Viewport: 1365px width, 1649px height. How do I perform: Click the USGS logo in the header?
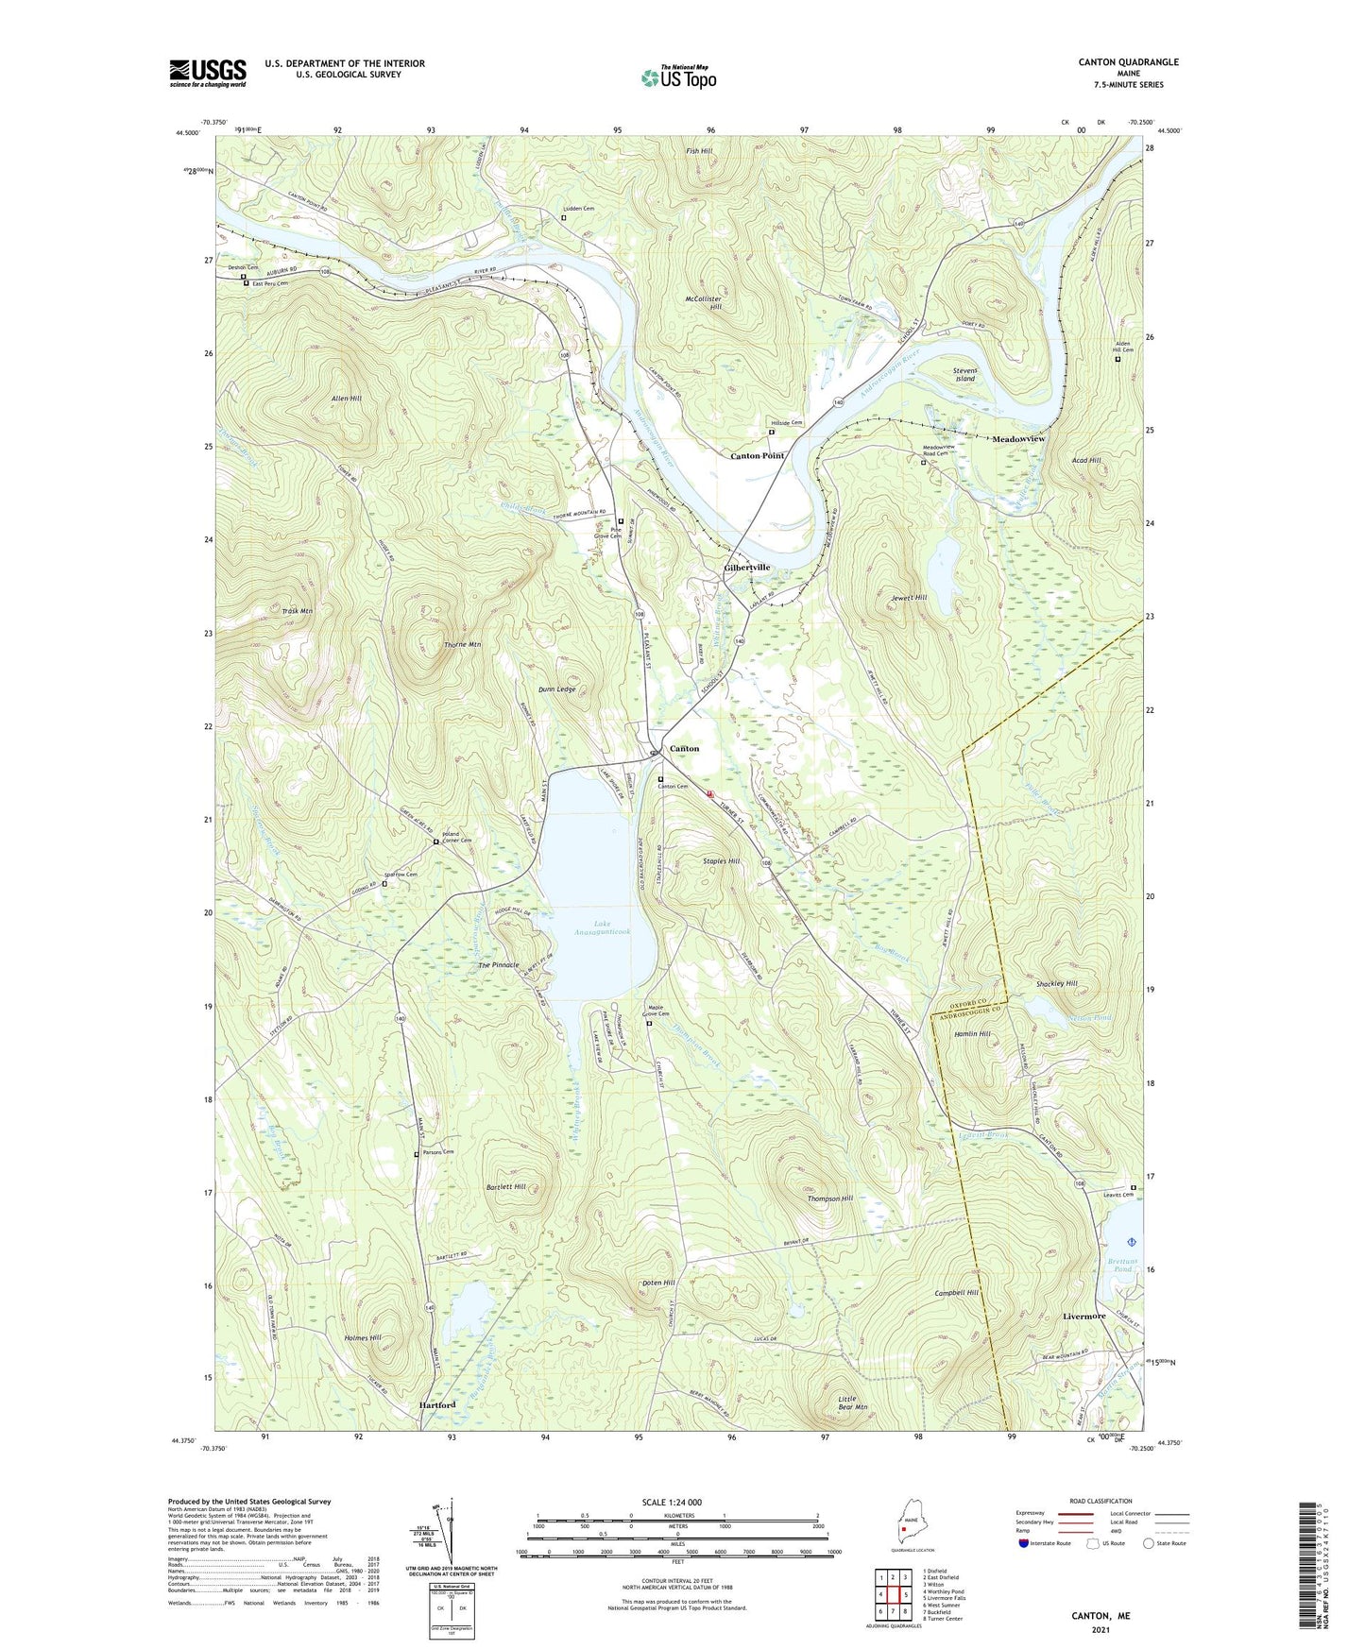[208, 73]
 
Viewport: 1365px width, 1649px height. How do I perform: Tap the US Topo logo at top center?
[678, 77]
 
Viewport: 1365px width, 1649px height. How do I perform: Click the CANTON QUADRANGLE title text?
[1128, 62]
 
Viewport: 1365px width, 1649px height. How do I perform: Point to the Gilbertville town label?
[746, 568]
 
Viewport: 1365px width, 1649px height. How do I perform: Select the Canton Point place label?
[757, 455]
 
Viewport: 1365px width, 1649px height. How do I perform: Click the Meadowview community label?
[1018, 439]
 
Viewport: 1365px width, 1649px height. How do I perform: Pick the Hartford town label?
[436, 1404]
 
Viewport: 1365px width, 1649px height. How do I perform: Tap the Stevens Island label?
[964, 375]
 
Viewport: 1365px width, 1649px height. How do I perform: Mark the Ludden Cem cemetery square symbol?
[564, 218]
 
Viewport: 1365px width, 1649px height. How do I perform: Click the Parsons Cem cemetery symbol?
[417, 1154]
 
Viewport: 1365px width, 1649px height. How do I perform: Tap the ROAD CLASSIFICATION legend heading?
[1101, 1501]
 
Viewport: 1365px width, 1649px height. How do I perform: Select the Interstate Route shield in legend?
[1025, 1543]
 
